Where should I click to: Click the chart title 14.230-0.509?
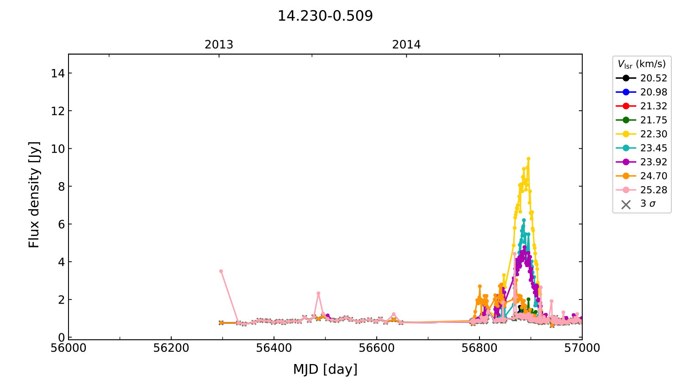325,16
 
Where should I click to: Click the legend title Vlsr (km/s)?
642,64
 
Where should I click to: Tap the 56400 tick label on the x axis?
274,348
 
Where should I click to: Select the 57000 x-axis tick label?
582,348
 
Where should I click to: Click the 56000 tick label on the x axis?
68,348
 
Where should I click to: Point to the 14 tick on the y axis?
58,73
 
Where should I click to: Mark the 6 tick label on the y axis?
61,224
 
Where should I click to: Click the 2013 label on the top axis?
219,45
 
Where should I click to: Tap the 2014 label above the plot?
406,45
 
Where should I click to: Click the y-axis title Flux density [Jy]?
34,194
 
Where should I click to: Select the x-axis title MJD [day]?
325,369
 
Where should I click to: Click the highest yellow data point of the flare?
528,159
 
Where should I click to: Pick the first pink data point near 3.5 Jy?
221,271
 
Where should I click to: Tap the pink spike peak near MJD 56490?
318,293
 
